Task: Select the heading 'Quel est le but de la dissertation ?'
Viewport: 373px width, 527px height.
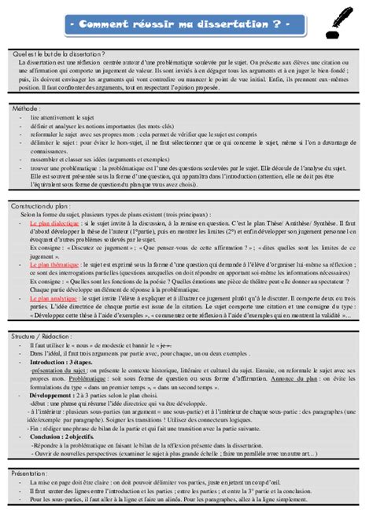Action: pyautogui.click(x=55, y=52)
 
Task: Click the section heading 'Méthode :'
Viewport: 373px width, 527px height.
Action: pyautogui.click(x=29, y=108)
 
